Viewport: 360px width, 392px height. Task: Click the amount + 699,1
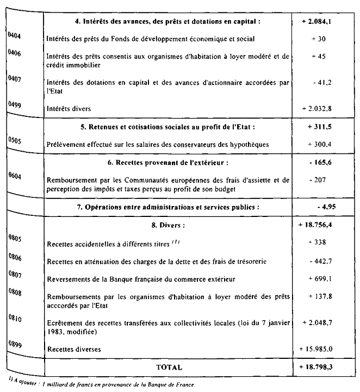319,279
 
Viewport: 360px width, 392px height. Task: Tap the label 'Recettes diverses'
75,349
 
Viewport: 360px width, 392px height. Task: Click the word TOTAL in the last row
169,368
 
